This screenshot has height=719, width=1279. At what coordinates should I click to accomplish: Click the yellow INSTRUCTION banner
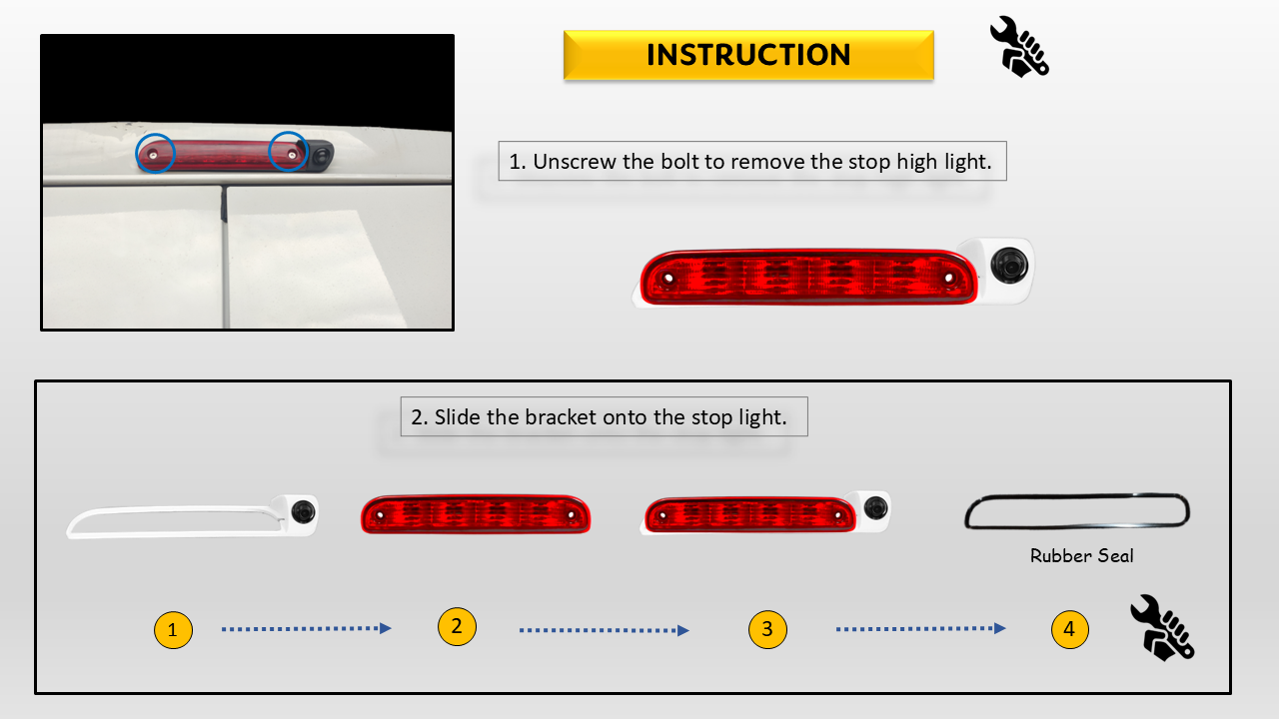coord(748,55)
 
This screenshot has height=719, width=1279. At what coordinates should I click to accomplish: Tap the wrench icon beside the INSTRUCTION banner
coord(1019,47)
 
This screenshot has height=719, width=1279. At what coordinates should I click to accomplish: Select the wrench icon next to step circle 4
coord(1162,628)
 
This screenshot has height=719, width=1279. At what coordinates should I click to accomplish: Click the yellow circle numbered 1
coord(173,630)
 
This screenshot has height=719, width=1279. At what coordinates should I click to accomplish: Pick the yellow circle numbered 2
coord(457,626)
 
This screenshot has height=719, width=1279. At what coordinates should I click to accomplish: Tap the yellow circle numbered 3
coord(767,629)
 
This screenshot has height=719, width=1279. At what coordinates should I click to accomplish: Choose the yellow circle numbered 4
coord(1069,629)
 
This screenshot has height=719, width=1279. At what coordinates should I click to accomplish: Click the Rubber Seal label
coord(1081,556)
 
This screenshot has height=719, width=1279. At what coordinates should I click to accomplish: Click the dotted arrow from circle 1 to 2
coord(307,628)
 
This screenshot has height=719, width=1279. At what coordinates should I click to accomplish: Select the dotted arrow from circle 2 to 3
coord(605,630)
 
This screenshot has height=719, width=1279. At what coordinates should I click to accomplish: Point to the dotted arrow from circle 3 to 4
coord(921,628)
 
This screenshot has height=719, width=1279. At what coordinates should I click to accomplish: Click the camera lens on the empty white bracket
coord(303,512)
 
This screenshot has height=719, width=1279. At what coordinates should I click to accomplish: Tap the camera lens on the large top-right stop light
coord(1009,266)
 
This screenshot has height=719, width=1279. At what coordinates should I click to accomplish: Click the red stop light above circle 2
coord(476,514)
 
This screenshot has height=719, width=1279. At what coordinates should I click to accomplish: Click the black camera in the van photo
coord(321,155)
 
